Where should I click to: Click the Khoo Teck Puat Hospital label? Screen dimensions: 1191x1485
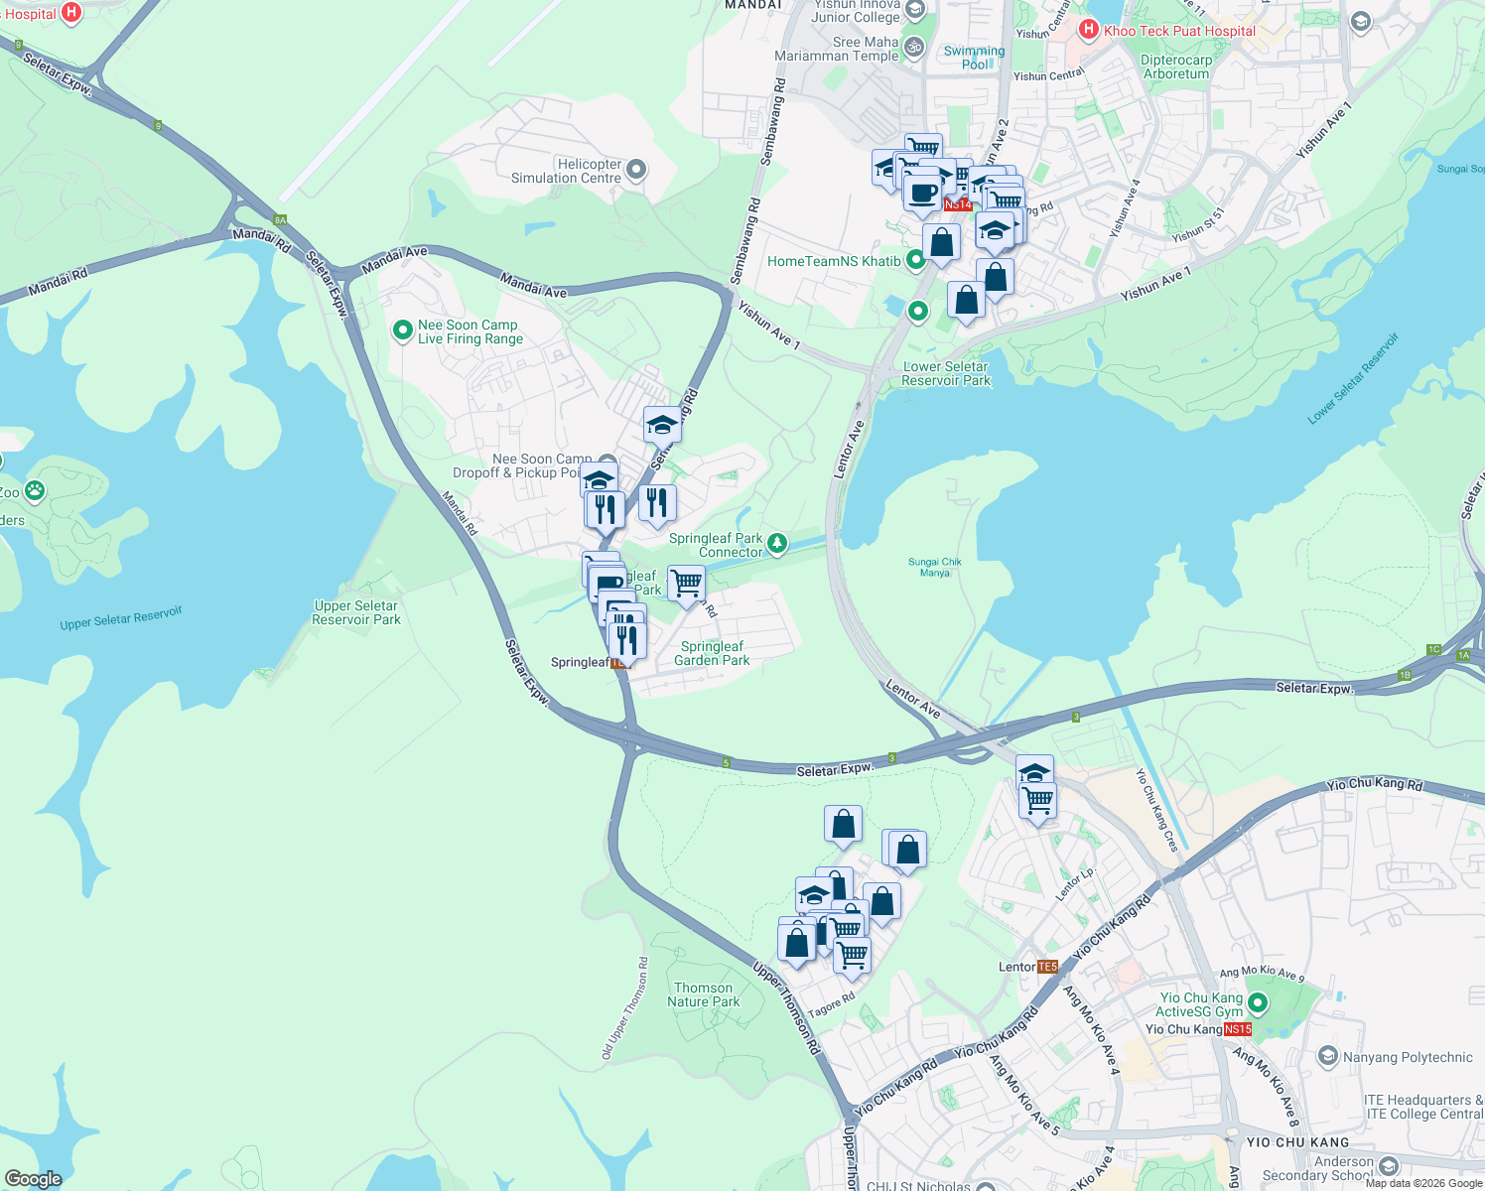point(1179,31)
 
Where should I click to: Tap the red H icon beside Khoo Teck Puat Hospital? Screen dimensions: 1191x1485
point(1089,30)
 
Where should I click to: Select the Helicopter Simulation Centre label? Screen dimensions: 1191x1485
point(566,172)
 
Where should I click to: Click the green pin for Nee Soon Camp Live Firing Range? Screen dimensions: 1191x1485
point(402,331)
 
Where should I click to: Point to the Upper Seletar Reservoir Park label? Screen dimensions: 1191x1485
point(355,612)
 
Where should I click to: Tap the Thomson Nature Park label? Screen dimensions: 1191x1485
point(703,994)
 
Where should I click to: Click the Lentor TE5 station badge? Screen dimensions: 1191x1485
point(1047,967)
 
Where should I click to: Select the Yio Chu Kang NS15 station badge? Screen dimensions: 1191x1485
point(1238,1029)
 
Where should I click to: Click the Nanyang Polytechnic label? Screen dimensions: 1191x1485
point(1408,1057)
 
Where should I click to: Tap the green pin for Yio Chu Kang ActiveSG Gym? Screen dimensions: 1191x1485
point(1258,1003)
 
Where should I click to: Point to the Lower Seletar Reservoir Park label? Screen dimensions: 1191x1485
point(946,373)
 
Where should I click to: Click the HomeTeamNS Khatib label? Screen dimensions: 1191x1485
point(834,261)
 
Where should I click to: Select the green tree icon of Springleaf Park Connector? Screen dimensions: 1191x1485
point(777,542)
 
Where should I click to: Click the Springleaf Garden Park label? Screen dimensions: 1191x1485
point(712,653)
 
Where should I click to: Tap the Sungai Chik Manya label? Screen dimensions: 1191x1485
point(935,567)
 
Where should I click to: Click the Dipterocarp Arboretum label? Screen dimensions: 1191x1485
point(1176,66)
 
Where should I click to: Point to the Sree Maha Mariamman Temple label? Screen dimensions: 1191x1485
point(837,49)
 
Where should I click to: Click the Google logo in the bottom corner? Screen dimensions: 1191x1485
point(33,1179)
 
